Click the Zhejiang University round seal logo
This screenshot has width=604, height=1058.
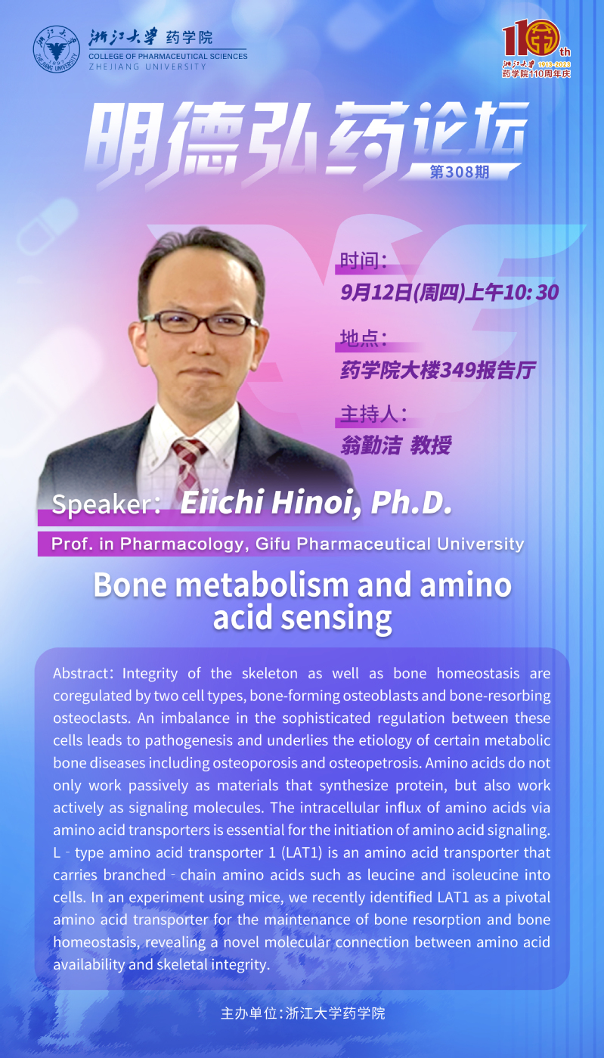(56, 49)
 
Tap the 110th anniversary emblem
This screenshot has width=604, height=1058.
(536, 48)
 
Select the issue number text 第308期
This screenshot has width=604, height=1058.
(459, 172)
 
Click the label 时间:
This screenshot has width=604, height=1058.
(364, 261)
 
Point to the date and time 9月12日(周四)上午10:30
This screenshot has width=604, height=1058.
(450, 293)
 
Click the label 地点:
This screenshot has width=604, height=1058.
(364, 338)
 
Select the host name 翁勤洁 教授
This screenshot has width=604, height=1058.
(396, 445)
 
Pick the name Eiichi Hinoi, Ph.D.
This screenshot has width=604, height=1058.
(316, 502)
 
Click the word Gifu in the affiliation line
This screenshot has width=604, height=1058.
(273, 544)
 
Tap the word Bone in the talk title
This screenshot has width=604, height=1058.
(130, 585)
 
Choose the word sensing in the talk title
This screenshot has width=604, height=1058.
(336, 619)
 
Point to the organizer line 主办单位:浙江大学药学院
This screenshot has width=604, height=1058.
(302, 1013)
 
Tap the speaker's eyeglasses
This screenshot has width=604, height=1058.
(200, 323)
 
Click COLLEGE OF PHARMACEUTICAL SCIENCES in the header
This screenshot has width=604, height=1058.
(168, 56)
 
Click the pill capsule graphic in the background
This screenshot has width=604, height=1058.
(48, 227)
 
